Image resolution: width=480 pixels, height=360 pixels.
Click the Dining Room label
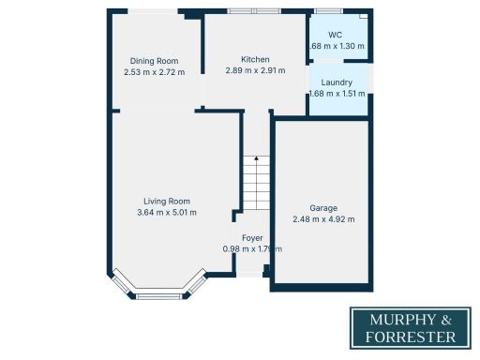point(155,61)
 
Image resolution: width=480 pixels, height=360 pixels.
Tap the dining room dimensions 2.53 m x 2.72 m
point(155,71)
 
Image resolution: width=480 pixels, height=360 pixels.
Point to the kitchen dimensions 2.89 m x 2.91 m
point(255,70)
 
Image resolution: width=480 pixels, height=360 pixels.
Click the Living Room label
point(167,201)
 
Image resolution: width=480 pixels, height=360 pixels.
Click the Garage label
point(323,207)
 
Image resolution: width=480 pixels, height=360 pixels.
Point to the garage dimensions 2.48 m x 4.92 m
point(323,218)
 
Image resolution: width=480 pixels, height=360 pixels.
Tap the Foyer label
point(252,238)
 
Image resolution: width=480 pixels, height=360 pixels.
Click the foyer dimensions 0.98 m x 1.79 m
point(252,248)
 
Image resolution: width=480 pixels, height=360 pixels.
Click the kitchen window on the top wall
point(254,11)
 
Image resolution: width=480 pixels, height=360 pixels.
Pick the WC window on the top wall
point(328,11)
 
